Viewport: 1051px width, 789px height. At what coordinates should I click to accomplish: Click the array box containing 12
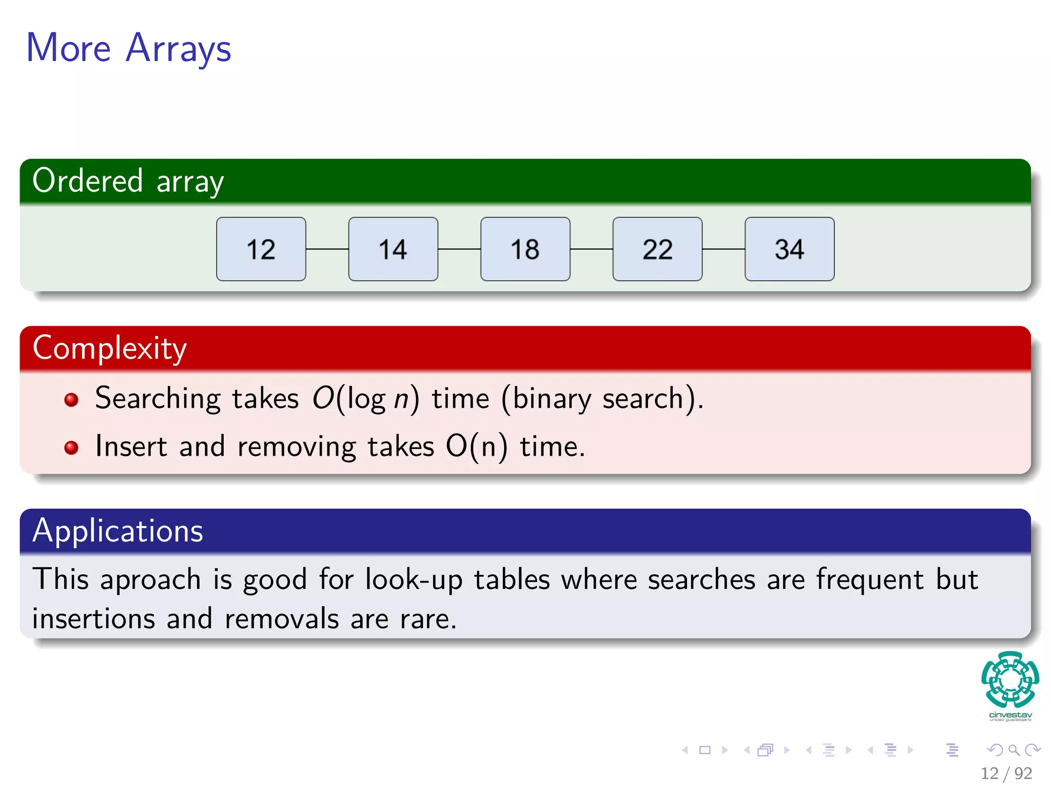coord(261,249)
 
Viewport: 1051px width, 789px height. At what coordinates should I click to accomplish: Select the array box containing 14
coord(393,249)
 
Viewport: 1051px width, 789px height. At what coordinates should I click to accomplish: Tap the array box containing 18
coord(525,249)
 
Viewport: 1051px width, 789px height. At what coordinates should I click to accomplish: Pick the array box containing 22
coord(657,249)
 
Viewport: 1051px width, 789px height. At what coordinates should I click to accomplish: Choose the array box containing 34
coord(789,249)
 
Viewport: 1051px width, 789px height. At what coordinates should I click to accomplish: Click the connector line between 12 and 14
coord(327,249)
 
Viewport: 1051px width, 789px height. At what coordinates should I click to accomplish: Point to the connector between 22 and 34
coord(724,249)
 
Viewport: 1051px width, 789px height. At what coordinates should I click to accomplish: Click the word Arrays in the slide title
coord(178,49)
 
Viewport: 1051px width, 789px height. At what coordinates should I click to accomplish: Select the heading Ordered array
coord(128,181)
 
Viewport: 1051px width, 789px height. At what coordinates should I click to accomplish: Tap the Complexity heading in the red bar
coord(109,348)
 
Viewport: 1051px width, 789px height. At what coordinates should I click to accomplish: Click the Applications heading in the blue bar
coord(118,531)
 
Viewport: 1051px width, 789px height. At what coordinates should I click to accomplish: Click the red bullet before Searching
coord(71,400)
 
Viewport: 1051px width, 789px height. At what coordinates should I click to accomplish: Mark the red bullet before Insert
coord(71,447)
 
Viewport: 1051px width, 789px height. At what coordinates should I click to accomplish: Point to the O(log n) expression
coord(365,399)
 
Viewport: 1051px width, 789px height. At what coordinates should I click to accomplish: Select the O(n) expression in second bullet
coord(476,446)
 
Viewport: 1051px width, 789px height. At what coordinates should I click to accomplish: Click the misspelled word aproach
coord(150,580)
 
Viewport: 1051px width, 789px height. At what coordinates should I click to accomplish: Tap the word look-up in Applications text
coord(414,580)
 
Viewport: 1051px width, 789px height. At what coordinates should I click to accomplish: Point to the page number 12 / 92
coord(1006,773)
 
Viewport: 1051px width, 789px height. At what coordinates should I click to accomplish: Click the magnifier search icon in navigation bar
coord(1014,750)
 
